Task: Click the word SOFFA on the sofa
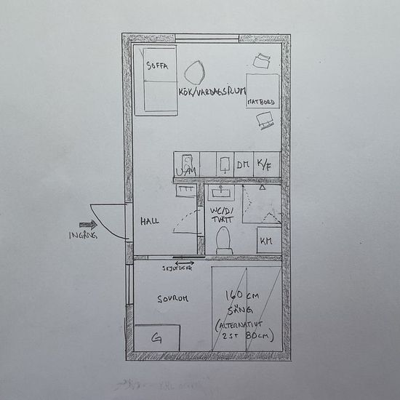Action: click(157, 65)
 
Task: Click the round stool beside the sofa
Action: click(193, 71)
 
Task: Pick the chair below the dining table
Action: click(266, 125)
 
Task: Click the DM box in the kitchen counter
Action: click(242, 164)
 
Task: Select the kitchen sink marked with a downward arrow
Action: click(225, 163)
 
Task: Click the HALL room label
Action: click(150, 221)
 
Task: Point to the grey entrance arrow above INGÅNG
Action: click(88, 225)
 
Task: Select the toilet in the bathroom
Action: click(223, 241)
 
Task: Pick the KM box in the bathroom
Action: click(267, 240)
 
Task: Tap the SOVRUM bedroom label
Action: click(174, 299)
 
